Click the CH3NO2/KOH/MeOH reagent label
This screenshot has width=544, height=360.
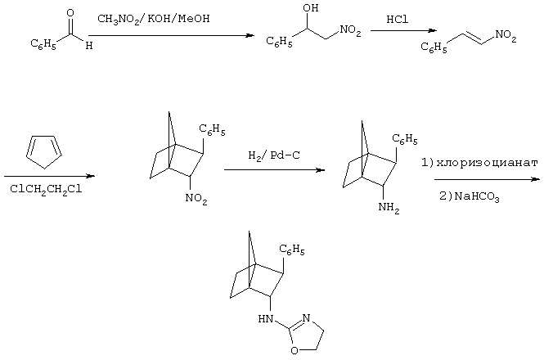(x=153, y=19)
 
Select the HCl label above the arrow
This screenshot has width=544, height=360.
(x=398, y=19)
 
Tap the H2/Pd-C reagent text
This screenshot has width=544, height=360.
(x=274, y=155)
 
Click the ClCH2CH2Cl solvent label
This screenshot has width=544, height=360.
(x=46, y=190)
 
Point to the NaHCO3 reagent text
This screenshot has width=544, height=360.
(x=477, y=197)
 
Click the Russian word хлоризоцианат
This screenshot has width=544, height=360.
(x=487, y=163)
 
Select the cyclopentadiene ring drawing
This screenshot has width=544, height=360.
(x=44, y=152)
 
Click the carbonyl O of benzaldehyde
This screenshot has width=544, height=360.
(x=70, y=13)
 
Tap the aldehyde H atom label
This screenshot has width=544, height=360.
(x=89, y=46)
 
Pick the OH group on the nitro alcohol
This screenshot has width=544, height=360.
(x=311, y=8)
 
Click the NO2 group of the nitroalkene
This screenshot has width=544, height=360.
(x=506, y=36)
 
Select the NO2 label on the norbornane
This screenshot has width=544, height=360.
(x=196, y=200)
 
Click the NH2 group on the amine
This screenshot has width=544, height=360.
(x=389, y=208)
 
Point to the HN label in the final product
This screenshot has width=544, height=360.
(x=266, y=318)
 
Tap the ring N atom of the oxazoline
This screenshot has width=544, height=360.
(x=306, y=318)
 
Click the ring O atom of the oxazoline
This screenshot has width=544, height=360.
(x=294, y=351)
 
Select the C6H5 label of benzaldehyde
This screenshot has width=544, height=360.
(x=43, y=44)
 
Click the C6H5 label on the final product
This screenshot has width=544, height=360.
(x=292, y=250)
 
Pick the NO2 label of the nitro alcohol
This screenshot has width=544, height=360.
(x=350, y=30)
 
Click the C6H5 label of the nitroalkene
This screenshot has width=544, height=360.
(x=434, y=47)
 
